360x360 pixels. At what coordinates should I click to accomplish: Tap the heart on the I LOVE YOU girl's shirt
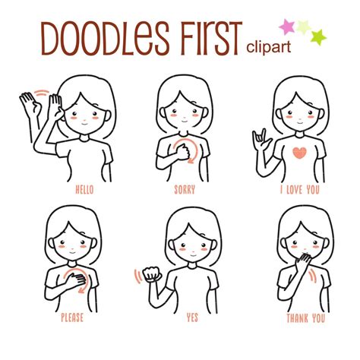pyautogui.click(x=299, y=151)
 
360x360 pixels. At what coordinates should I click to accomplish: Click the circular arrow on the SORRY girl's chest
pyautogui.click(x=188, y=147)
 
